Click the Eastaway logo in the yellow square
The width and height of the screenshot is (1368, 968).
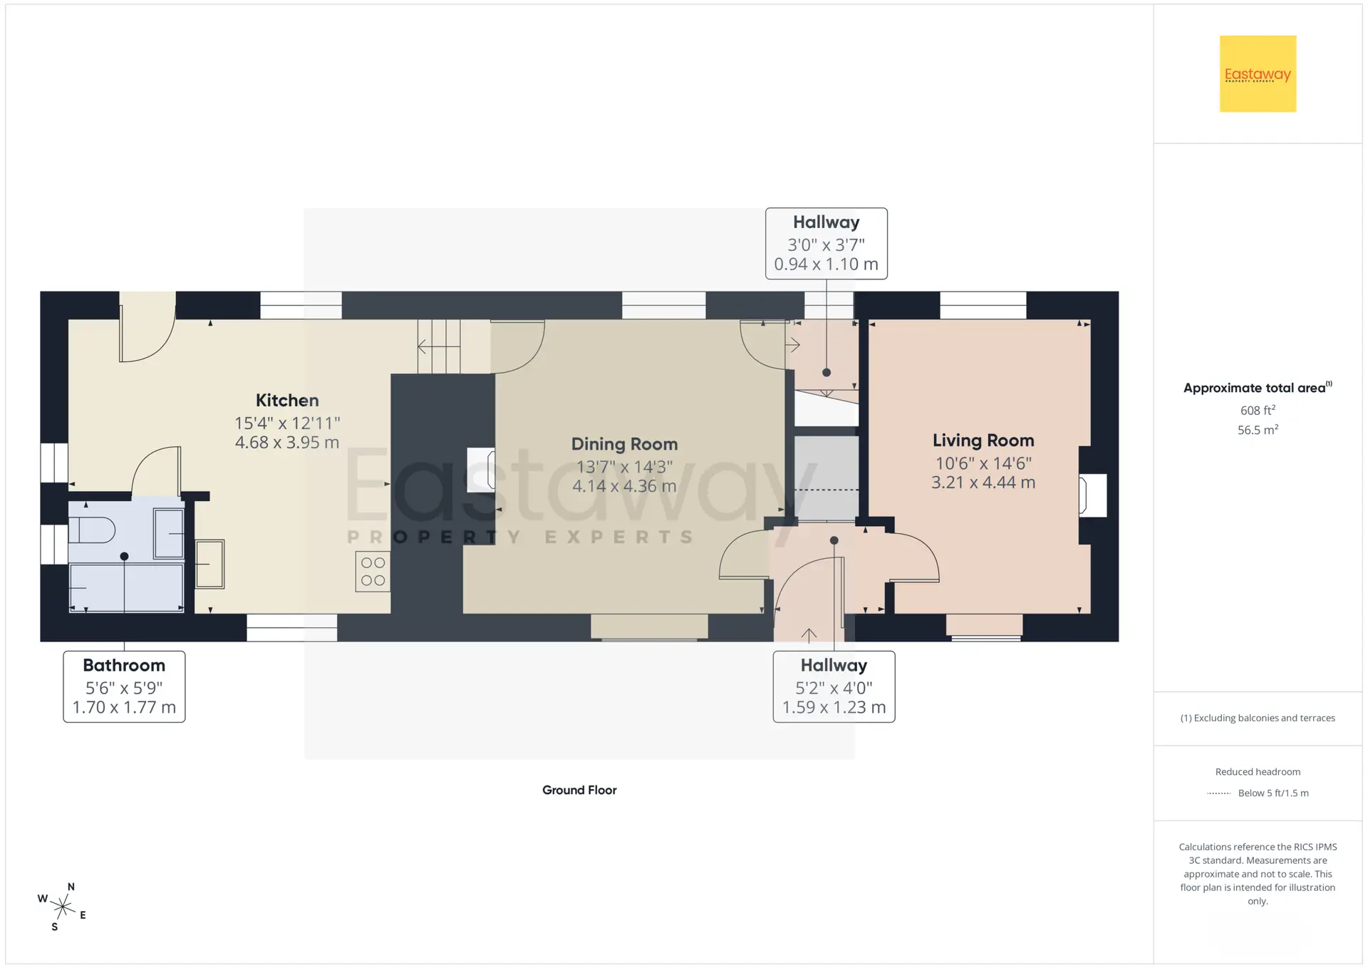click(1258, 74)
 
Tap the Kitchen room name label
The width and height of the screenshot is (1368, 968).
click(287, 401)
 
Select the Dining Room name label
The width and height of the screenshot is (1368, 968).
click(624, 444)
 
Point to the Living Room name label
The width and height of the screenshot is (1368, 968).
click(983, 441)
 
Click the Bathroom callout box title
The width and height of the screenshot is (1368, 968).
click(124, 665)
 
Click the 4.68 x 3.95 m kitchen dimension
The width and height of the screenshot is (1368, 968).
click(287, 443)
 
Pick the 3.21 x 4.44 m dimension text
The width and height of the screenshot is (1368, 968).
click(983, 483)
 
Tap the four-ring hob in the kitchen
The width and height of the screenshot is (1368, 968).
click(373, 572)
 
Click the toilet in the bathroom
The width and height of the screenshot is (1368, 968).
click(92, 530)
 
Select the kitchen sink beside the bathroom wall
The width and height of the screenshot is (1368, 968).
click(209, 564)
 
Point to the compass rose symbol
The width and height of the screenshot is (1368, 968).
click(63, 907)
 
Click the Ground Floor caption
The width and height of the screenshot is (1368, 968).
click(579, 790)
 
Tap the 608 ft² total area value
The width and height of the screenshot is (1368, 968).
click(1258, 410)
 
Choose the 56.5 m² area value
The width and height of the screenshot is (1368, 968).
click(1258, 430)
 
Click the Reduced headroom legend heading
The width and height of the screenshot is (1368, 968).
click(1258, 772)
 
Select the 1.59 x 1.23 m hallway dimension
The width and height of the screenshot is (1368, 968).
click(834, 708)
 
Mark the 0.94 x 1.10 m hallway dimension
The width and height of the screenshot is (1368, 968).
click(826, 264)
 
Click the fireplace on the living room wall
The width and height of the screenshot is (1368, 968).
click(1093, 495)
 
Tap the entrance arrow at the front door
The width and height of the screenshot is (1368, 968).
click(809, 635)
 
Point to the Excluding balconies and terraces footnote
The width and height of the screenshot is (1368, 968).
click(1258, 718)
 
